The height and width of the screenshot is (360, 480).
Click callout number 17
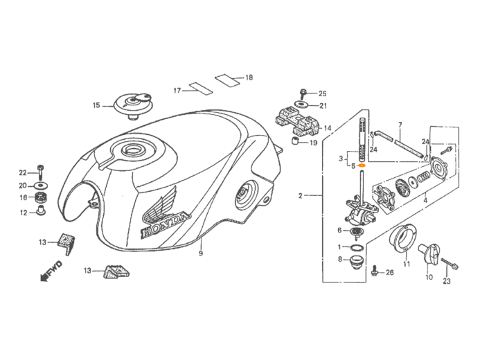click(x=177, y=91)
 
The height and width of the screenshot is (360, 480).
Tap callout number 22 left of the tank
click(x=22, y=172)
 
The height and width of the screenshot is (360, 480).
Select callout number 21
click(x=323, y=106)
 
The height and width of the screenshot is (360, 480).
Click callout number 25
click(x=323, y=93)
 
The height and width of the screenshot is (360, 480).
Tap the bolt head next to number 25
click(x=304, y=92)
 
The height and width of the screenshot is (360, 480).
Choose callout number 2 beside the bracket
click(x=301, y=196)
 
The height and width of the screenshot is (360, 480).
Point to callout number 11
click(x=407, y=264)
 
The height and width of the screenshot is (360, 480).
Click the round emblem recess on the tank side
click(x=246, y=197)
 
